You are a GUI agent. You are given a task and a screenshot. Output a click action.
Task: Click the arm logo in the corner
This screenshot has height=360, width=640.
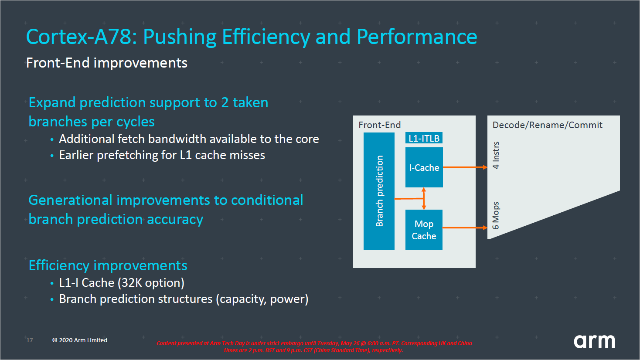point(594,341)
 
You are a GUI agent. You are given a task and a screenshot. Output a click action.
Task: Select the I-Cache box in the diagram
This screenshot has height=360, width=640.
point(424,168)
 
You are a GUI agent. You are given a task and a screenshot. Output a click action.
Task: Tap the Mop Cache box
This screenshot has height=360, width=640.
point(424,230)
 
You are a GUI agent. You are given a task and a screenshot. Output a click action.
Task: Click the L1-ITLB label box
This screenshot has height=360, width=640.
point(424,139)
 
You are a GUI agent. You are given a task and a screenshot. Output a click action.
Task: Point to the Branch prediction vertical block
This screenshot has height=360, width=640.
point(379,191)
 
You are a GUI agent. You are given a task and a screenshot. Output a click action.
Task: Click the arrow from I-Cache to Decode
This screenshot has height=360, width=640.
point(465,167)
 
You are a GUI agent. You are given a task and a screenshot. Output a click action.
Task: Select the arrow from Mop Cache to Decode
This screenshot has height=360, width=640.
point(465,228)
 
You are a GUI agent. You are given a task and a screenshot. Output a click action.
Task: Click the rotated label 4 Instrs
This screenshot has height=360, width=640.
point(496,155)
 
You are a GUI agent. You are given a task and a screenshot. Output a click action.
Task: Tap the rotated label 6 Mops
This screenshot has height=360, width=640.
point(496,215)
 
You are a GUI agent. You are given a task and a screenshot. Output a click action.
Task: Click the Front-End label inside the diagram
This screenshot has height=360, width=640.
point(379,125)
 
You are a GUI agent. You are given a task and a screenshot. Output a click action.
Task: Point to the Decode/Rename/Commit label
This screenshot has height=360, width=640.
point(547,125)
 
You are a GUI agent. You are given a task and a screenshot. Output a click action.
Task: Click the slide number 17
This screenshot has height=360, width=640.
point(30,340)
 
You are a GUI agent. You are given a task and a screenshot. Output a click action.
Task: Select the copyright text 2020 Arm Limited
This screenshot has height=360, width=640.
point(80,340)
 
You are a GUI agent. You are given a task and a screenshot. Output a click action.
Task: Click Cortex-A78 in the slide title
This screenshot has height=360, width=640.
point(82,37)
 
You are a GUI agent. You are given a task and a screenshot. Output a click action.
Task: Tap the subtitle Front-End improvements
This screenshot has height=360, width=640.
point(107,63)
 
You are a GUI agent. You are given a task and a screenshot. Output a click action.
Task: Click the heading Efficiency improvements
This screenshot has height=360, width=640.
point(108,265)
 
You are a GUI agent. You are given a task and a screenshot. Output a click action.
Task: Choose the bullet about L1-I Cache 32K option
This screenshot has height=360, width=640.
point(122,283)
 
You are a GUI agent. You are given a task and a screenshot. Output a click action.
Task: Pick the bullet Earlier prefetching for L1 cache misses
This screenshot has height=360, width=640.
point(162,155)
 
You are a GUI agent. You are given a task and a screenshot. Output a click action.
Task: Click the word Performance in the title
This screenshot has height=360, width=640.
point(417,37)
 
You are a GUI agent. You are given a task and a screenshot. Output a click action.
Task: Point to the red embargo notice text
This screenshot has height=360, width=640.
point(314,346)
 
